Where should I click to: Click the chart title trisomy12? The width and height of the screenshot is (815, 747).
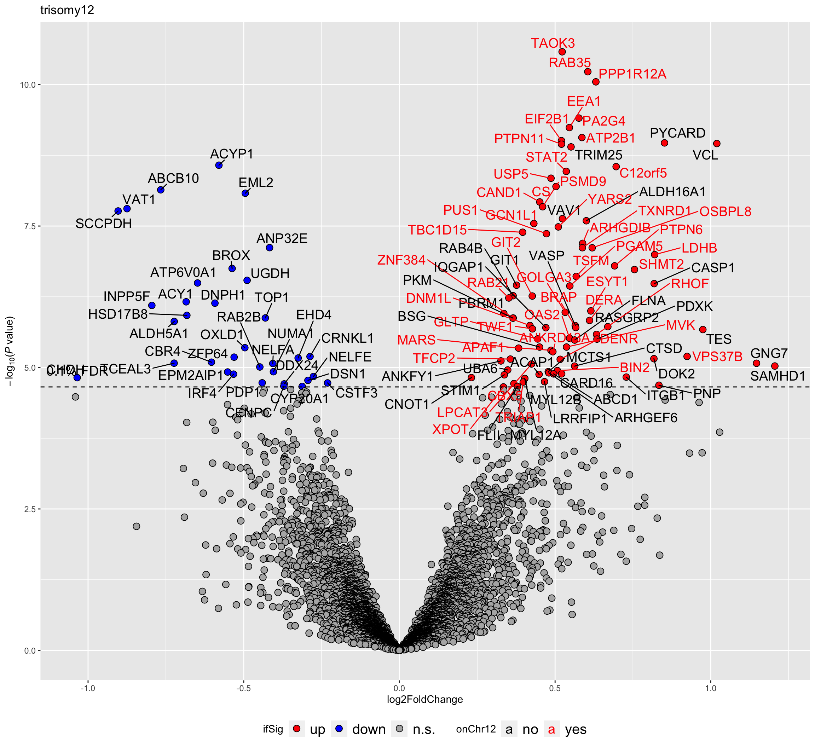[x=67, y=10]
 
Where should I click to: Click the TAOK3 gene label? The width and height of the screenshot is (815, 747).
[x=553, y=43]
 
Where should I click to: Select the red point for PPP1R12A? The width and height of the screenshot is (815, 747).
[x=595, y=82]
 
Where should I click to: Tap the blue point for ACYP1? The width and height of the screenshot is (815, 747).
[x=219, y=165]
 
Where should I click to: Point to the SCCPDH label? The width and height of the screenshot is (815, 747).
[x=104, y=224]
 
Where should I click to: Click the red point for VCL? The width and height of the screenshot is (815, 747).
[x=717, y=144]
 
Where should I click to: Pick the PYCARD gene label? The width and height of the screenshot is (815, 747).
[x=677, y=133]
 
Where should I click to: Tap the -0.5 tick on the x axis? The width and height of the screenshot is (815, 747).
[x=243, y=688]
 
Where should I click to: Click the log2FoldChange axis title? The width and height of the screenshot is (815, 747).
[x=425, y=699]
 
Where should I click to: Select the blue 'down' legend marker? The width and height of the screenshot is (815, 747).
[x=339, y=729]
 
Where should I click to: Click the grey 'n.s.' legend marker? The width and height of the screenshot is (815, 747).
[x=399, y=729]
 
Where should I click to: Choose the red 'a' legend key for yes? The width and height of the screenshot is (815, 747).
[x=551, y=729]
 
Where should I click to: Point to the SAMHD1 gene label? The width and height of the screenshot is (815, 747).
[x=778, y=376]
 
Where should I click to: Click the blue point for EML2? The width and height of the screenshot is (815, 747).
[x=245, y=193]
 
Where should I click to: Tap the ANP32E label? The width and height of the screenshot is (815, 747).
[x=282, y=238]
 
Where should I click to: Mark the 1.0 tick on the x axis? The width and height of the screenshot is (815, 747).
[x=711, y=688]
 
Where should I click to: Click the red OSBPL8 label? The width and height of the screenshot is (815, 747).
[x=725, y=212]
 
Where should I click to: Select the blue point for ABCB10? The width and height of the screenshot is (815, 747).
[x=161, y=190]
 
